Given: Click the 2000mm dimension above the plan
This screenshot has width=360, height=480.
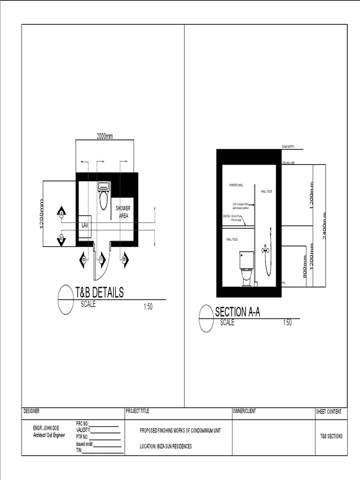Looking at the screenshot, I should [x=105, y=136].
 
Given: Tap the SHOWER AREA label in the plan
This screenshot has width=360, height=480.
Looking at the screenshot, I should [x=123, y=212].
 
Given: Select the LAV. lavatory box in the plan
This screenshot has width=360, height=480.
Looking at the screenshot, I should [x=85, y=226].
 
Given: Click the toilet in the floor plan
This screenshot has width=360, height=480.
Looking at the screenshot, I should [x=104, y=196].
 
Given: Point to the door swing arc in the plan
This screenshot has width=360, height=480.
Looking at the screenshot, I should [x=106, y=265].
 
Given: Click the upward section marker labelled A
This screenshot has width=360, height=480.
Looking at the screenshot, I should [x=61, y=213].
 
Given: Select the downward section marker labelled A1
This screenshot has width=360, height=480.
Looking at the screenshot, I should [x=61, y=239].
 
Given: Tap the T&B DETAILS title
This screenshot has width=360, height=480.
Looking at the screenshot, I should [x=100, y=293].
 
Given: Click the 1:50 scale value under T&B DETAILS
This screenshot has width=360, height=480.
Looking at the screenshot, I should [x=148, y=307].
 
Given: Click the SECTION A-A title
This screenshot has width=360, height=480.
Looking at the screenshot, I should [x=237, y=312].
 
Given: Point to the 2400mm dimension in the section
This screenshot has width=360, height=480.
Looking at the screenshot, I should [x=324, y=225].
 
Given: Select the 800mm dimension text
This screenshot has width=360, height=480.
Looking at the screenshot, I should [x=304, y=267].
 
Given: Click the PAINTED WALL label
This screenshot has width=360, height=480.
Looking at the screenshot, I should [x=236, y=185].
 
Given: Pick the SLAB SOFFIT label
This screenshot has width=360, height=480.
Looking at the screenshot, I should [x=288, y=147].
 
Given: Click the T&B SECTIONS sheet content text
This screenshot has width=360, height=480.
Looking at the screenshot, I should [x=331, y=436].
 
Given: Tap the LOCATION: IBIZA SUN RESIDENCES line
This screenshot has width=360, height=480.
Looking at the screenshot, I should [x=166, y=446].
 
